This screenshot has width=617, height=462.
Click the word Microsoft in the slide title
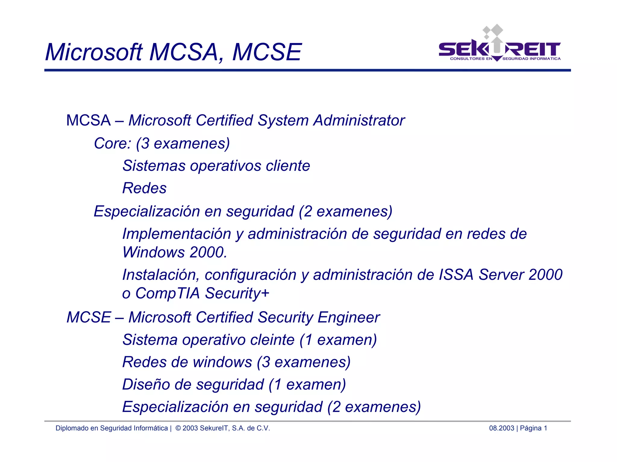point(94,52)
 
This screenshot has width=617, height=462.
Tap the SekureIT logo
point(499,48)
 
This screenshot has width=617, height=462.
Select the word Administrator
point(359,120)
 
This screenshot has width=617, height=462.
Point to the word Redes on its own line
point(144,188)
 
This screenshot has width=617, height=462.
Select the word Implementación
point(177,234)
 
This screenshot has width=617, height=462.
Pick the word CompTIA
point(168,293)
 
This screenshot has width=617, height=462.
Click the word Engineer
point(349,317)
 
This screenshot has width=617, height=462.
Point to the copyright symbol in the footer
point(178,428)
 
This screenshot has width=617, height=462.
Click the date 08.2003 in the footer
point(501,428)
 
